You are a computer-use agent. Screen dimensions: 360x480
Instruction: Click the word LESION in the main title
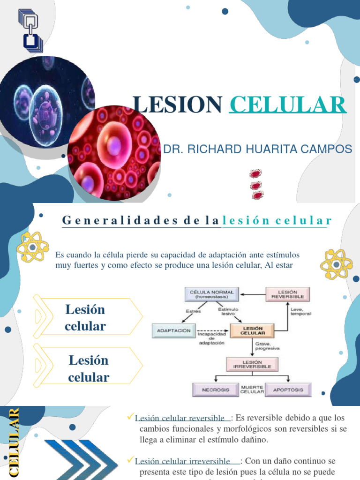tap(177, 104)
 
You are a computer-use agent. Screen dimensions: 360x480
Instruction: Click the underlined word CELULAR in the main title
tap(288, 104)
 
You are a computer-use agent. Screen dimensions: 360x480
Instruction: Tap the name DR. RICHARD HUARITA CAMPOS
tap(257, 149)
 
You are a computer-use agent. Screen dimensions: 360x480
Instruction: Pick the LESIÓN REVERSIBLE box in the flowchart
tap(288, 294)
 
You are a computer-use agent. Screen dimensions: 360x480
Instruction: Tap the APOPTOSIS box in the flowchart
tap(288, 390)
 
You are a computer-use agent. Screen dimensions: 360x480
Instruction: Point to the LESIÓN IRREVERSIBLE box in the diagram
tap(252, 364)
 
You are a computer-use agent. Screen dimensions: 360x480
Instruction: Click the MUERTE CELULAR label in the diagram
tap(252, 389)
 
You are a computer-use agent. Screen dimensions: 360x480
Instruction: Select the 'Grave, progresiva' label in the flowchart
tap(268, 346)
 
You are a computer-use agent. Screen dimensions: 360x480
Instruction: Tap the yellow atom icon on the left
tap(32, 246)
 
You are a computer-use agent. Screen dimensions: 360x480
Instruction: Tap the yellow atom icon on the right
tap(336, 264)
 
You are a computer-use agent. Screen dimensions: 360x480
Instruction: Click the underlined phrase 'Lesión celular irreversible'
tap(182, 461)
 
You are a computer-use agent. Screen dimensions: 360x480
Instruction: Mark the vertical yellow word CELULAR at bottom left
tap(14, 442)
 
